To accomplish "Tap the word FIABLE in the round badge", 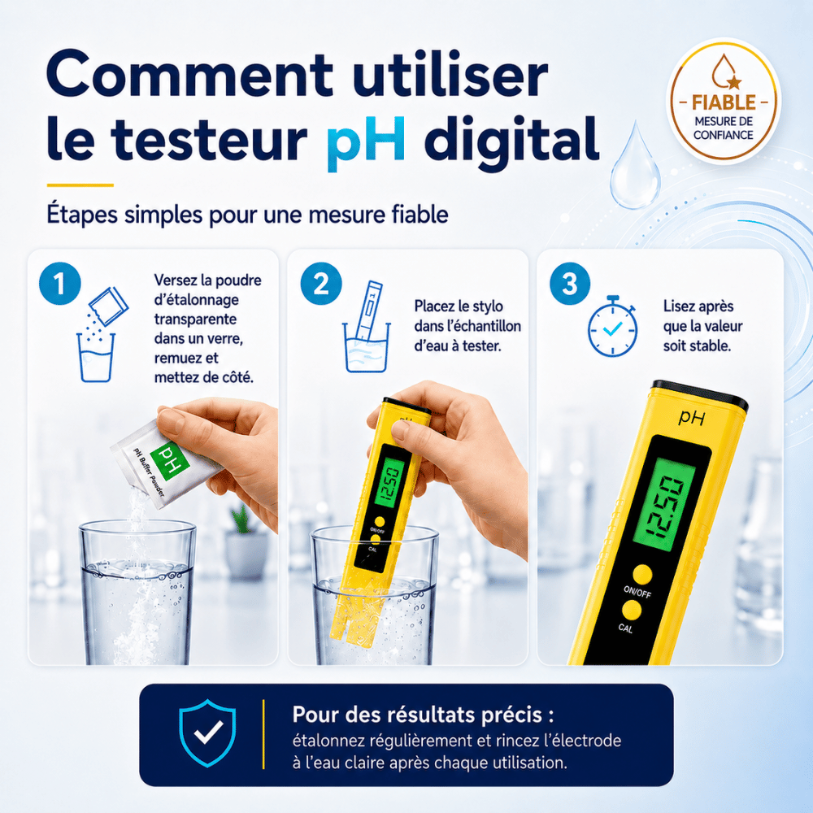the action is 724,102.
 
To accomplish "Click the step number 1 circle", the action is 60,284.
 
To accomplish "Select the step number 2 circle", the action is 321,284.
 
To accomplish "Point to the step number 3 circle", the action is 570,284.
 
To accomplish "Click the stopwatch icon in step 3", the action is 612,326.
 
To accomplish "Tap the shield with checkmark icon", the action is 207,733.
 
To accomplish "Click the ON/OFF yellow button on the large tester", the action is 642,575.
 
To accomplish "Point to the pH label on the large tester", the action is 692,417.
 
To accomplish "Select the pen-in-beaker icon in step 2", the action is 366,327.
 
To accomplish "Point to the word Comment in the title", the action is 189,74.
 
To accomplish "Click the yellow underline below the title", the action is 80,185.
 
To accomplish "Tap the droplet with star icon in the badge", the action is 725,72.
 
